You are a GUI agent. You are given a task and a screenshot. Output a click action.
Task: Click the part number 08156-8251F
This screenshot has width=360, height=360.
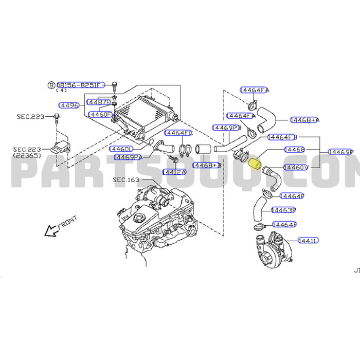(x=80, y=85)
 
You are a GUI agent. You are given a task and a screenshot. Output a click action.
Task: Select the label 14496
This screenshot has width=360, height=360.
(x=69, y=105)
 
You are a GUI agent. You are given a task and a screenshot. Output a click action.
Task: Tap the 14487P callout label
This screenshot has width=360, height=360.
(x=99, y=102)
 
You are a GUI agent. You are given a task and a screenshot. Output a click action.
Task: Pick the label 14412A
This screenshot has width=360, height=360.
(x=174, y=171)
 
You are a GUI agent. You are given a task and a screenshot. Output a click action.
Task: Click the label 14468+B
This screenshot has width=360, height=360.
(x=207, y=165)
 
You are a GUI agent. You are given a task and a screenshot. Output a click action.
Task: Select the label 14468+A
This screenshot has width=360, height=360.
(x=304, y=120)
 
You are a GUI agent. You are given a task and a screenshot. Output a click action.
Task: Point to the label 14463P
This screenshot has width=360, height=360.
(x=283, y=210)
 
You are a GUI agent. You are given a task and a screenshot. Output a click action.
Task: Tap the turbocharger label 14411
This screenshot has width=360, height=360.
(x=307, y=240)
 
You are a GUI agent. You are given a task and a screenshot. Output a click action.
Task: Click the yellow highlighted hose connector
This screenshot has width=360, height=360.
(x=254, y=165)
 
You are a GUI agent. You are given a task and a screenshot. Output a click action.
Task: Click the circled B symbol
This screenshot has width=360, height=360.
(x=51, y=85)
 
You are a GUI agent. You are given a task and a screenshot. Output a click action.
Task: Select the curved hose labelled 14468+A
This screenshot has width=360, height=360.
(x=266, y=118)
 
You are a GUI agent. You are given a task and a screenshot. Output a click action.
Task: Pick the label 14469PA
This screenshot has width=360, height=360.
(x=127, y=157)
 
